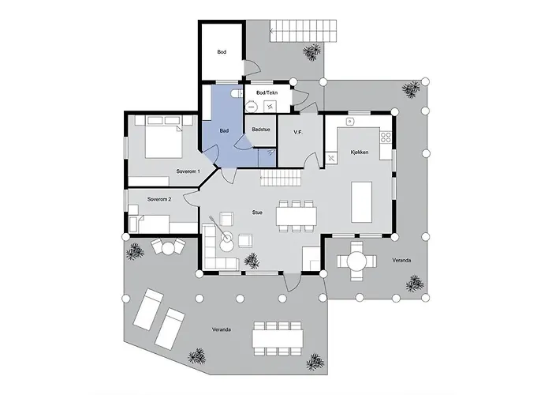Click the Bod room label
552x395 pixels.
222,52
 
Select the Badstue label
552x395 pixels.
260,129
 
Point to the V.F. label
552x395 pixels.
299,133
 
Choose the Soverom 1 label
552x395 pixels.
188,171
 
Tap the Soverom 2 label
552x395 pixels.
159,199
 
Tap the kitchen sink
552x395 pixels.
351,123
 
